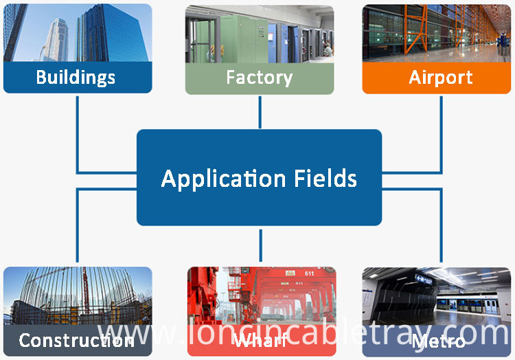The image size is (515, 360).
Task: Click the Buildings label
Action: tap(76, 78)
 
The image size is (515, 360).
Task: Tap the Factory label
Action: tap(259, 78)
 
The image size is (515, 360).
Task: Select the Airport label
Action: tap(440, 78)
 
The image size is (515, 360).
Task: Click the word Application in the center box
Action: tap(223, 179)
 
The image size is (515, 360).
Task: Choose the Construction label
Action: tap(76, 340)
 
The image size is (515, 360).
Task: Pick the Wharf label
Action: tap(260, 340)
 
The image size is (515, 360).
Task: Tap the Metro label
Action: tap(438, 341)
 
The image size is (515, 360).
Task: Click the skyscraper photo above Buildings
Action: tap(78, 32)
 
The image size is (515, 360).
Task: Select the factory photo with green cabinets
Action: tap(260, 34)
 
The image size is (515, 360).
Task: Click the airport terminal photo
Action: tap(437, 33)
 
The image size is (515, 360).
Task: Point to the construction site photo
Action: tap(78, 295)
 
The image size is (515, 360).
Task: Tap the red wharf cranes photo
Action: tap(262, 295)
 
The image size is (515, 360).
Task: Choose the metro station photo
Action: tap(437, 296)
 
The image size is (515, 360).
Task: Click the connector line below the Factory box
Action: tap(260, 112)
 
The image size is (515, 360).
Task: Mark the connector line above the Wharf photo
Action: tap(260, 245)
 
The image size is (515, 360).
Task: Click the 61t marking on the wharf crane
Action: tap(309, 273)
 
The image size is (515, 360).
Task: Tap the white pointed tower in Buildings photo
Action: tap(57, 40)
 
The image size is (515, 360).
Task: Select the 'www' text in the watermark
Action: tap(137, 334)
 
